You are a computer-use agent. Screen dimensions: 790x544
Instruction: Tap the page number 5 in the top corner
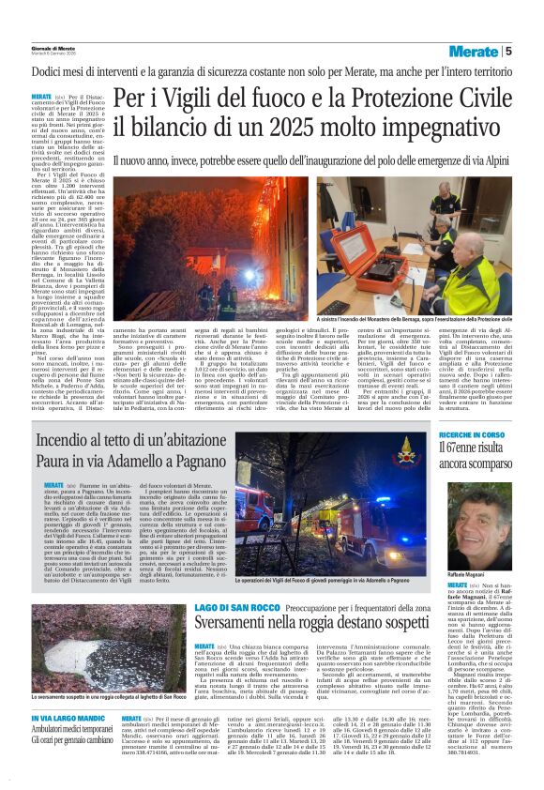534,51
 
